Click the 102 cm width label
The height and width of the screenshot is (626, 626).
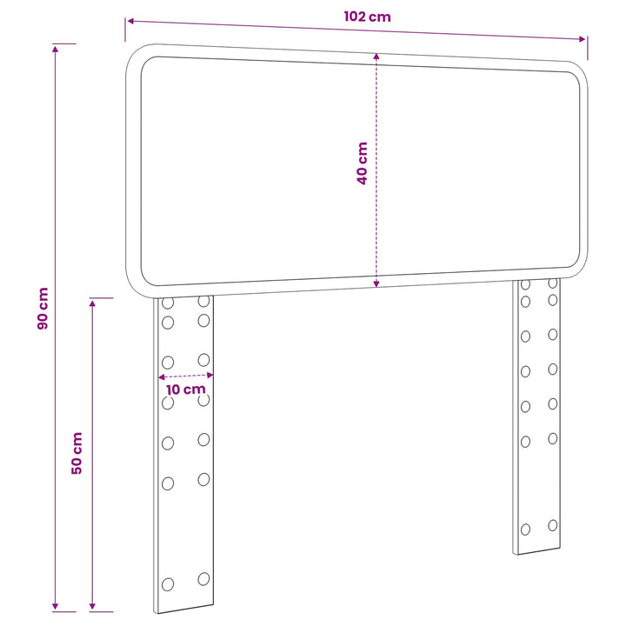(x=367, y=17)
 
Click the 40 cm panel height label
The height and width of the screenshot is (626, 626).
(x=362, y=163)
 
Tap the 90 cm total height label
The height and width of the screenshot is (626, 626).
(x=43, y=308)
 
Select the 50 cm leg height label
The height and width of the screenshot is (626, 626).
(x=77, y=453)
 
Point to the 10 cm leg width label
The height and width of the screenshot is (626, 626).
(x=186, y=390)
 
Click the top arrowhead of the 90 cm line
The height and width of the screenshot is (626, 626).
(x=55, y=49)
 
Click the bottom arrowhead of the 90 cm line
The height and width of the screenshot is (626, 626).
(x=55, y=607)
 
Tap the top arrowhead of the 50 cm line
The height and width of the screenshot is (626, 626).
(x=92, y=303)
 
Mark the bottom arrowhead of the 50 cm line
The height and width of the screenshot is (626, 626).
(x=92, y=607)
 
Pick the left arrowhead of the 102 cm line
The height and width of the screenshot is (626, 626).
(x=130, y=21)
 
